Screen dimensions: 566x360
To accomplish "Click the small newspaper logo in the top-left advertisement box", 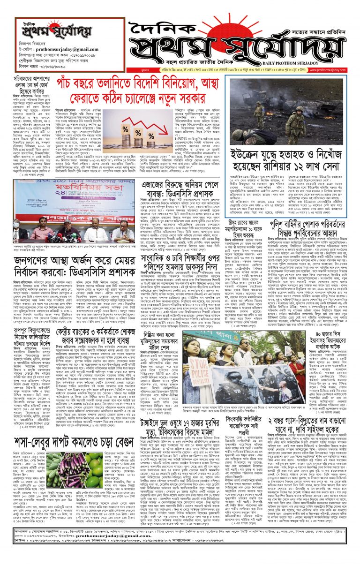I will tap(40, 28).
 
